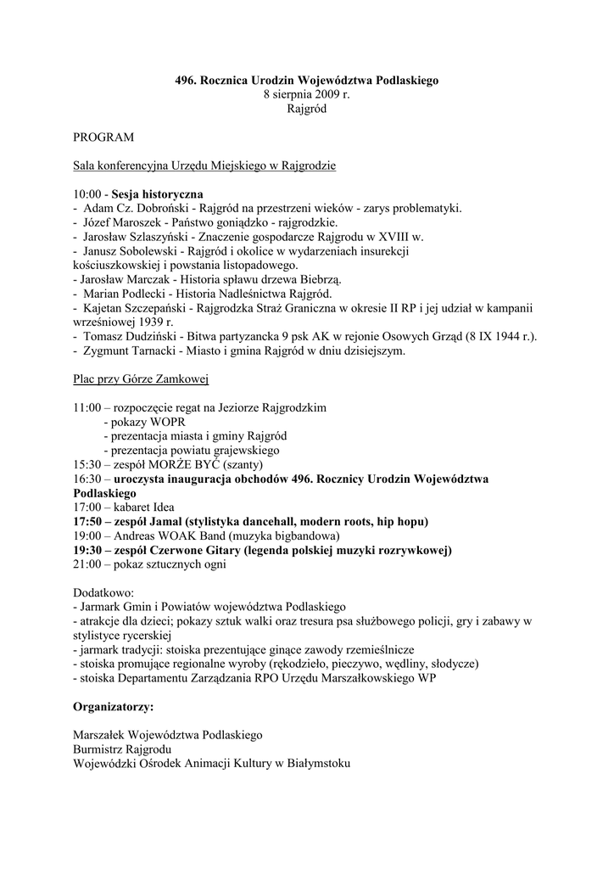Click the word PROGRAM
(103, 137)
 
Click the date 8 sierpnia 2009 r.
(307, 95)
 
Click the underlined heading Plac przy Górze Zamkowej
(141, 379)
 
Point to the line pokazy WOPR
(144, 422)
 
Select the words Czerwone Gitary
(197, 551)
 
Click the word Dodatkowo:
(104, 593)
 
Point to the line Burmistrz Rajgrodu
(122, 749)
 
